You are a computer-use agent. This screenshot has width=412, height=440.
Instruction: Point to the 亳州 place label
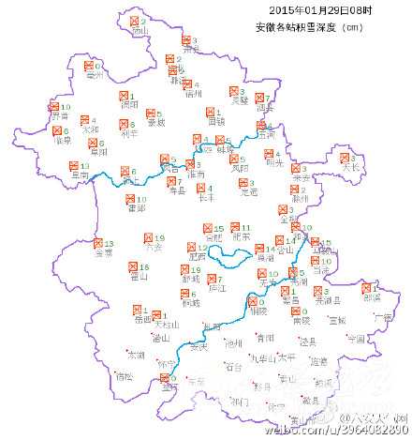pos(94,77)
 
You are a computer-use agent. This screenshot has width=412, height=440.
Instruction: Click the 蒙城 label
pos(155,122)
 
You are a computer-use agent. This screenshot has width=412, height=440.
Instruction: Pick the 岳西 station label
pos(143,319)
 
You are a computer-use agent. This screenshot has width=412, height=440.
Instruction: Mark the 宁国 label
pos(355,339)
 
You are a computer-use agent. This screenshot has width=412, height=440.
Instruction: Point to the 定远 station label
pos(247,192)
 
